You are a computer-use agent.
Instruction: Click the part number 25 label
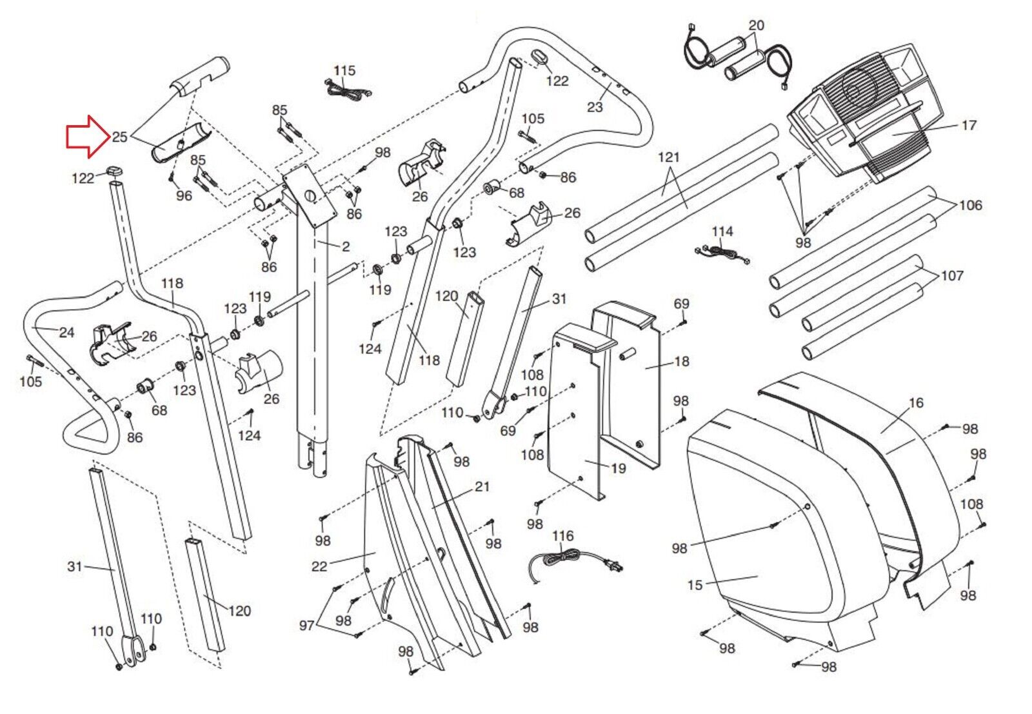pos(119,137)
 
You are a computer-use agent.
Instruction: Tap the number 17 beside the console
pos(969,125)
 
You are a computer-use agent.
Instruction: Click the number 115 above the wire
pos(344,70)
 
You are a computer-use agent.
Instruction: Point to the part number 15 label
pos(695,585)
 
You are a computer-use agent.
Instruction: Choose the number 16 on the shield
pos(916,403)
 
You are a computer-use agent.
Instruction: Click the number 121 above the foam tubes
pos(669,157)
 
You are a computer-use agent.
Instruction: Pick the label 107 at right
pos(952,275)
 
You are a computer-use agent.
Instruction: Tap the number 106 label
pos(970,205)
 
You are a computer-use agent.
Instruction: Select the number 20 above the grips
pos(756,25)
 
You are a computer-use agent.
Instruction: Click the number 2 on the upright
pos(346,246)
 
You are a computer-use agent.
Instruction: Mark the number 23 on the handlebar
pos(595,107)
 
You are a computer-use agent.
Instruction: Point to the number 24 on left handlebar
pos(66,333)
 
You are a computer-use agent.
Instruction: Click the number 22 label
pos(319,566)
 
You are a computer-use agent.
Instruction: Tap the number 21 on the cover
pos(482,487)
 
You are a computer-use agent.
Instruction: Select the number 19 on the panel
pos(618,468)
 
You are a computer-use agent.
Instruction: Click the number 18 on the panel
pos(682,361)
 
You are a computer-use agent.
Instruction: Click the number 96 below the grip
pos(184,195)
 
